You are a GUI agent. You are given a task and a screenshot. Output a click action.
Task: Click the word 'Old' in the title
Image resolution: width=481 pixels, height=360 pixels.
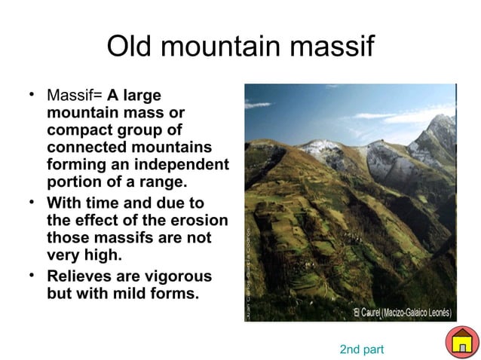130,47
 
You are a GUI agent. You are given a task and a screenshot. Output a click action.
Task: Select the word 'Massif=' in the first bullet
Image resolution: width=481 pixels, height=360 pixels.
75,97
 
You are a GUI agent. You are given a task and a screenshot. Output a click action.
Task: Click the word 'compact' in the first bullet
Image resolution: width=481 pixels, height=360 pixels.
76,130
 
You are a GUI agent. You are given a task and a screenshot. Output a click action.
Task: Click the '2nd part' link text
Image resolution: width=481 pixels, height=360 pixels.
362,349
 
